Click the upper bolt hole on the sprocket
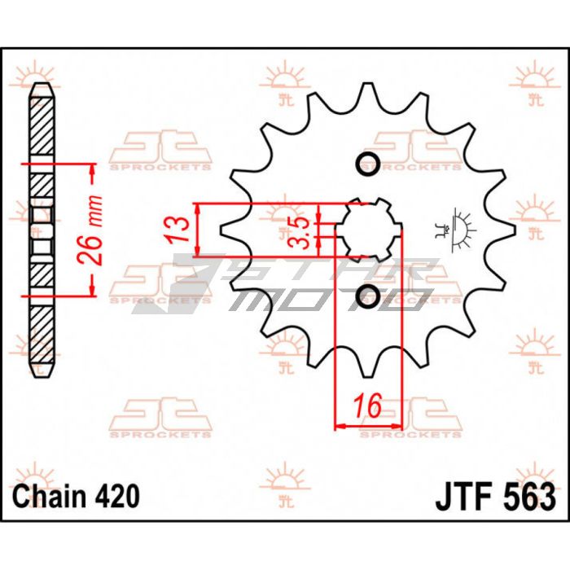368,164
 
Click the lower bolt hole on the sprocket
368,296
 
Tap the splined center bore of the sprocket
369,230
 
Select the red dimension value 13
178,230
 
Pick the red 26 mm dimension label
90,230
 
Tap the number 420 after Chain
117,496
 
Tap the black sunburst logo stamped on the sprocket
455,230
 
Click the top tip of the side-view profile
42,84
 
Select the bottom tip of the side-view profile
42,377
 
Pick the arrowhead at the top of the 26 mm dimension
92,169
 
